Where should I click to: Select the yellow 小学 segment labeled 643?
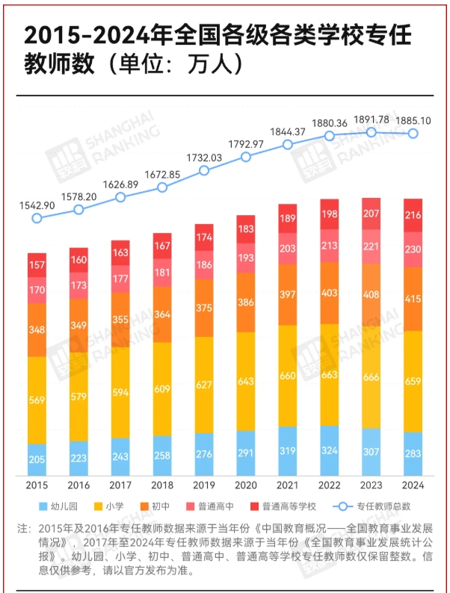tap(246, 381)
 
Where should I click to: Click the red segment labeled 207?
tap(372, 214)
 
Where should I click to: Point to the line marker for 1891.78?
tap(372, 131)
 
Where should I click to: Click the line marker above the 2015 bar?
tap(37, 218)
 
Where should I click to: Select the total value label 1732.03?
tap(204, 158)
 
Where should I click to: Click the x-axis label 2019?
tap(204, 485)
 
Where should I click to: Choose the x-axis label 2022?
tap(330, 485)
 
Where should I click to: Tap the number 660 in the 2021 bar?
tap(288, 376)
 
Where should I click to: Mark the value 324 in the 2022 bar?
tap(330, 451)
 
